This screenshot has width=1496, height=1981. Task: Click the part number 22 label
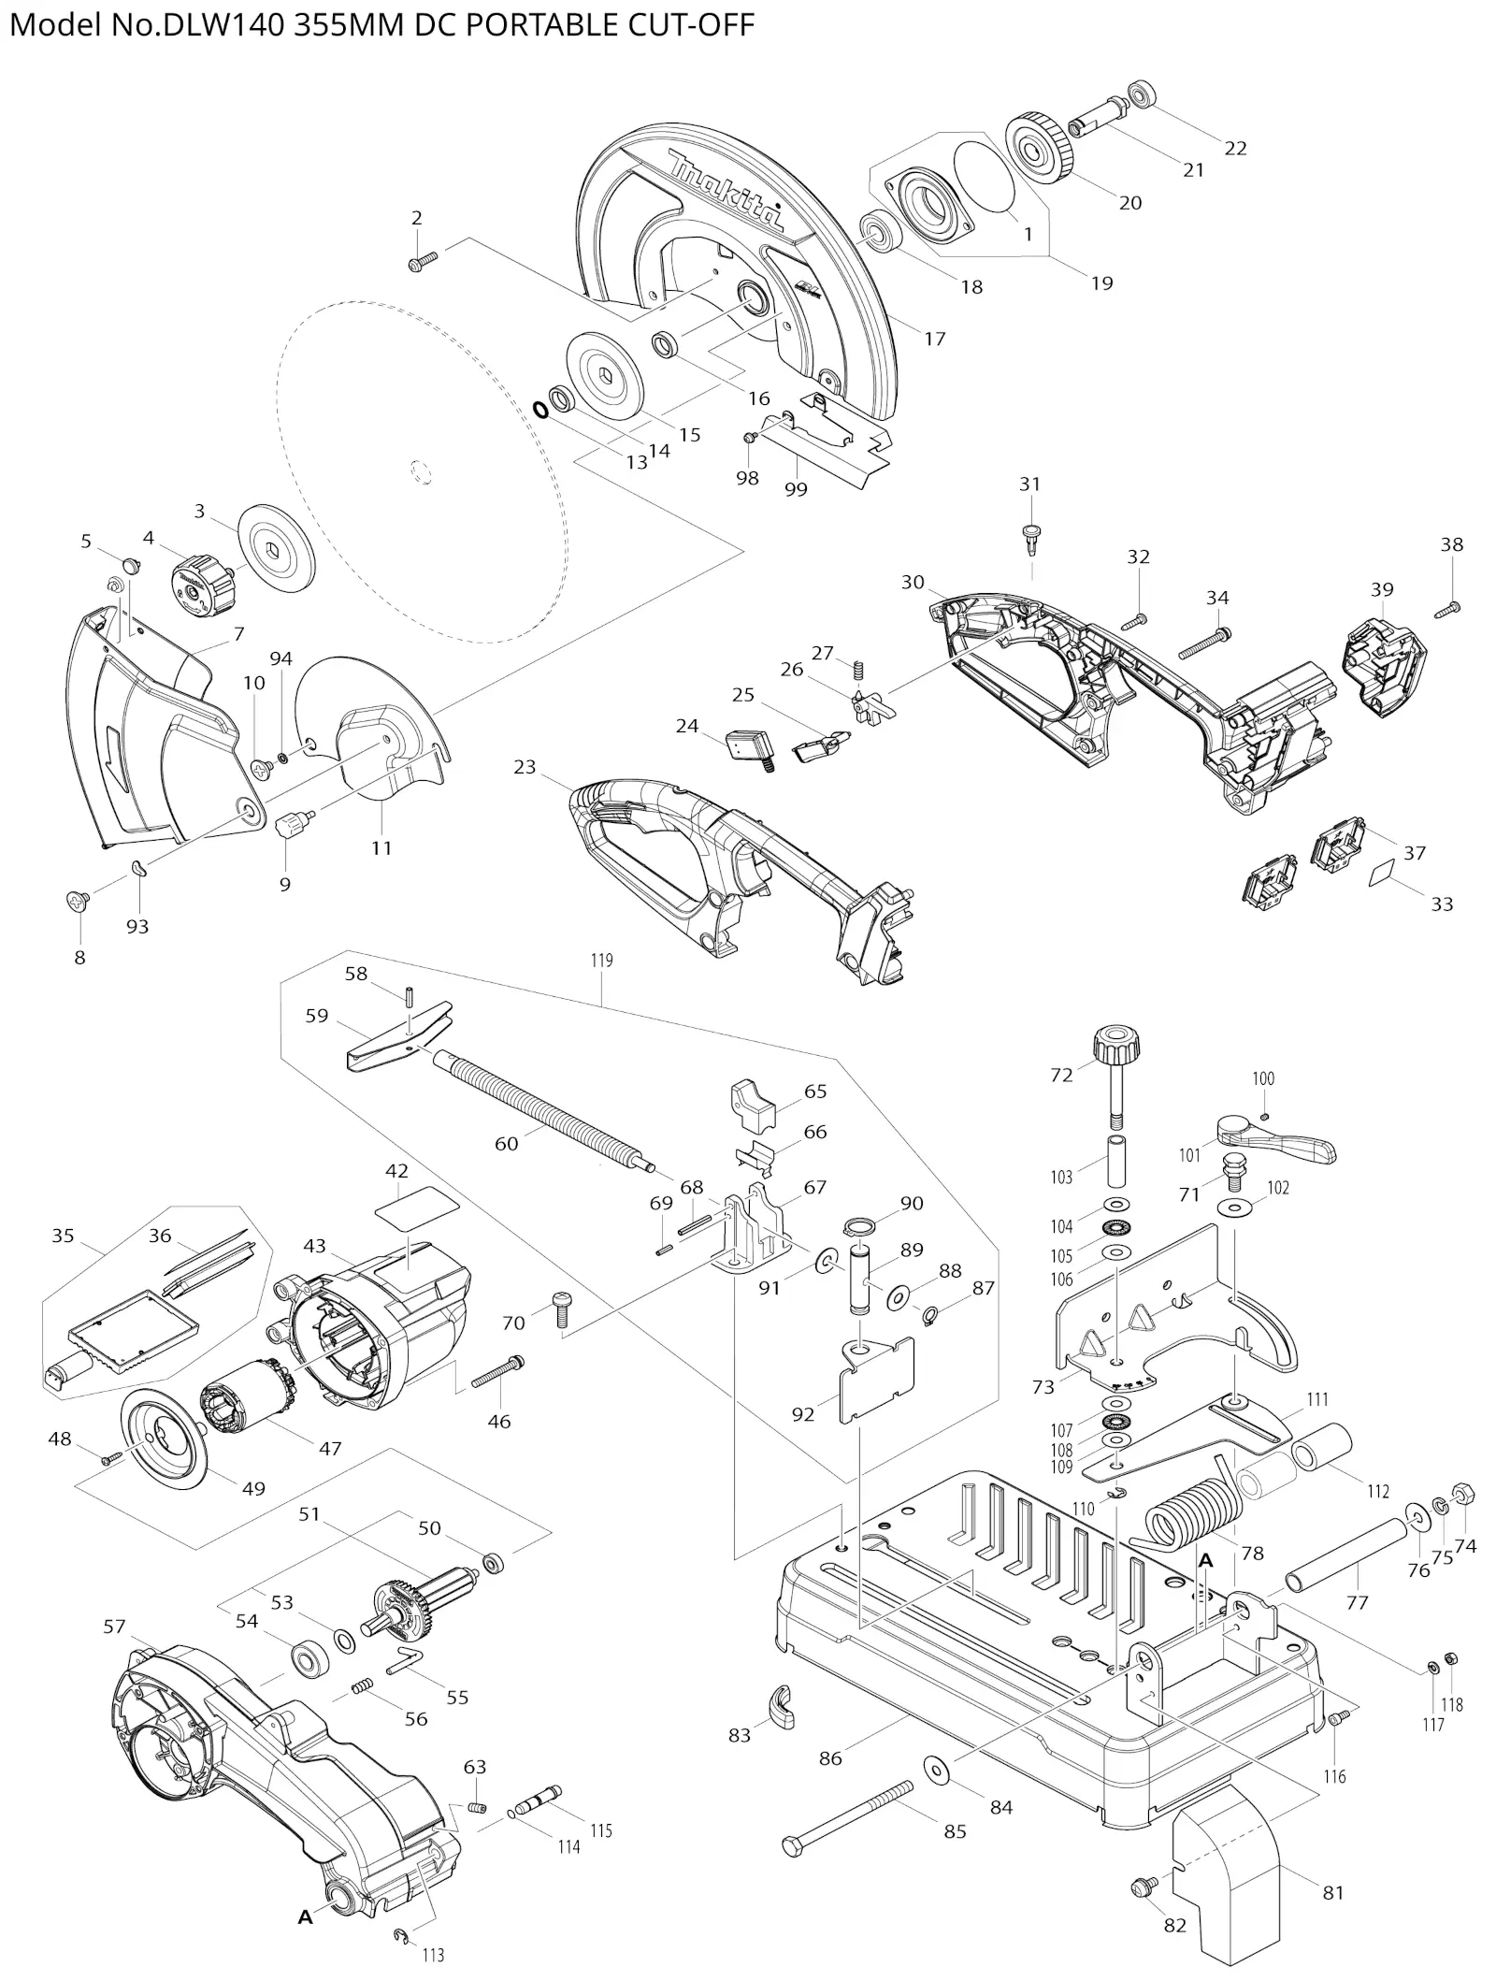coord(1235,148)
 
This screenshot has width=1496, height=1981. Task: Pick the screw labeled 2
coord(424,261)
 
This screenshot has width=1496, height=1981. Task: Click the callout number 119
coord(601,961)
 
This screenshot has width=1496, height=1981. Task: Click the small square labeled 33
coord(1380,875)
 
